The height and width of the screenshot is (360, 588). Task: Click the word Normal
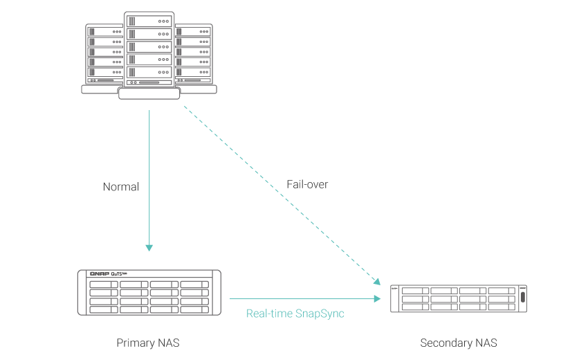click(120, 187)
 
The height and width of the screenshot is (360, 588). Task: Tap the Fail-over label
click(307, 185)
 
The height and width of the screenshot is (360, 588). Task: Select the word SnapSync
click(320, 314)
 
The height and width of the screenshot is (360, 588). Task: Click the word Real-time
click(270, 314)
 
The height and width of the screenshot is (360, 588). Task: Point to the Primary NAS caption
click(148, 343)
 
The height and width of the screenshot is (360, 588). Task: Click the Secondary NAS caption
click(458, 343)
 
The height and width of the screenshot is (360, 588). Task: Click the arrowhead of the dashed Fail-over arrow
click(378, 281)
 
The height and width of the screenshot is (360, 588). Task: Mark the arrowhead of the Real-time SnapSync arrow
click(378, 299)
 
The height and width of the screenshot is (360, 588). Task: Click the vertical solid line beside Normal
click(149, 173)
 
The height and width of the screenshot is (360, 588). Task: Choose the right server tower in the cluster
click(195, 55)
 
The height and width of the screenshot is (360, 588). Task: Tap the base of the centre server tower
click(149, 93)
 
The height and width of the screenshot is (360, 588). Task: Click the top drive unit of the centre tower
click(149, 21)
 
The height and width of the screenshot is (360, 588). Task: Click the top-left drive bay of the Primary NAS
click(103, 285)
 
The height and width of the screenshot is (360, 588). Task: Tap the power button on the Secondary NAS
click(522, 297)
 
